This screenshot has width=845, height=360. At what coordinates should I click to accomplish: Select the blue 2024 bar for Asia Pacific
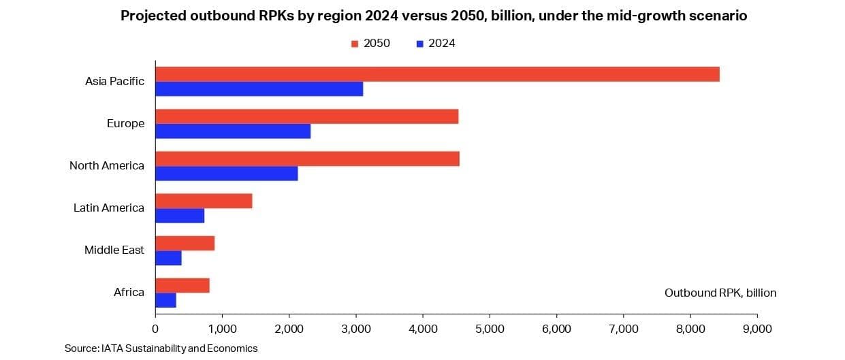[x=259, y=88]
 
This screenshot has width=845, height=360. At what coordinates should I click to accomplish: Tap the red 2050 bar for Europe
[x=306, y=116]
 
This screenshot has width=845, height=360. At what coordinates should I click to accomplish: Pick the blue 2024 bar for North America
[x=226, y=174]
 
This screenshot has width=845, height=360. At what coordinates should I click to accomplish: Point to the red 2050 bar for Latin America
[x=204, y=201]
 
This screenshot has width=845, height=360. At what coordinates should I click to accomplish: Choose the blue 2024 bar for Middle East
[x=168, y=258]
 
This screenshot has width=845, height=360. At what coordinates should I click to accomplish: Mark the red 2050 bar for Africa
[x=182, y=285]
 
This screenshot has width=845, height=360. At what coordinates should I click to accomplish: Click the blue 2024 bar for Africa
[x=165, y=300]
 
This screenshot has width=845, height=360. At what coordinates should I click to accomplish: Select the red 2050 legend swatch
[x=355, y=44]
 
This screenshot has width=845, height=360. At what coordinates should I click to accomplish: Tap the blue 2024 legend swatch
[x=419, y=44]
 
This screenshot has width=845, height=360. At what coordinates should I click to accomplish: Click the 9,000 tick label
[x=756, y=328]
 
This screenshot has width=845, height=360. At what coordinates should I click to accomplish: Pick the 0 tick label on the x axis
[x=155, y=328]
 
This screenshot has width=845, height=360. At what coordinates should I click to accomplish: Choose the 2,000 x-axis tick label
[x=289, y=328]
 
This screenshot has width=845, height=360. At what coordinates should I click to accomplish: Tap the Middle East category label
[x=114, y=250]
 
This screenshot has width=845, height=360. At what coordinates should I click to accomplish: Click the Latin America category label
[x=109, y=208]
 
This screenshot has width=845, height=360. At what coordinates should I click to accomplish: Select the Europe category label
[x=125, y=123]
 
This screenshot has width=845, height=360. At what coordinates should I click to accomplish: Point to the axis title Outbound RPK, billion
[x=720, y=293]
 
